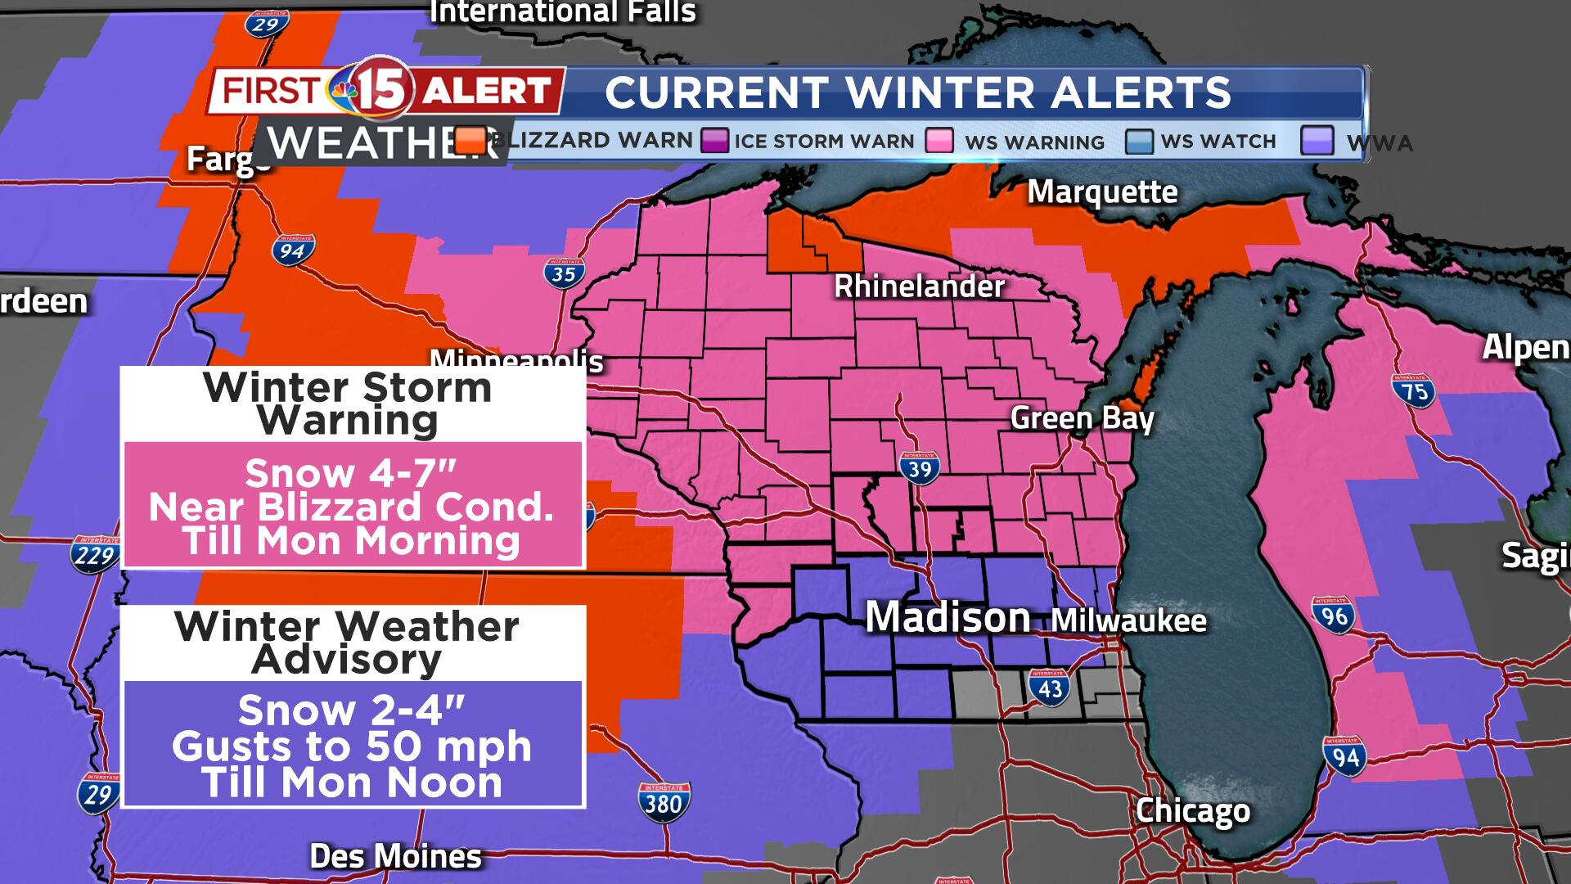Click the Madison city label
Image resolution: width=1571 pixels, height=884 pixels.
948,617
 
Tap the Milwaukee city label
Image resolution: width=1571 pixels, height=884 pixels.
1128,620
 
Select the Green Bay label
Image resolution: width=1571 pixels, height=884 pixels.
1082,418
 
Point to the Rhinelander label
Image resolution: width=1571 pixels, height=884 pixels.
919,286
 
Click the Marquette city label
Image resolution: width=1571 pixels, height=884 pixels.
1102,192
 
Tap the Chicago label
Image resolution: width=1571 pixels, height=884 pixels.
1192,811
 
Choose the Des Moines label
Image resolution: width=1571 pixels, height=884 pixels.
395,857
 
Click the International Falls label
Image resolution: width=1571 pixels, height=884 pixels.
563,12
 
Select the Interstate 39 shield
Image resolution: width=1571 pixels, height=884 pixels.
919,467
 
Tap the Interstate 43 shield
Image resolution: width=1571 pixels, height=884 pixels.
1050,687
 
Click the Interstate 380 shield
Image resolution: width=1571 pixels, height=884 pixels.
663,801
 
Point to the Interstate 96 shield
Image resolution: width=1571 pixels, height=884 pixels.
1334,615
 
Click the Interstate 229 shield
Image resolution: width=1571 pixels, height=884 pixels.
95,554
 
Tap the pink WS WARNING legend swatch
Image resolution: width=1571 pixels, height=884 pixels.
939,140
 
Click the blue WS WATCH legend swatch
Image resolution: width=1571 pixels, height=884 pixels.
1139,140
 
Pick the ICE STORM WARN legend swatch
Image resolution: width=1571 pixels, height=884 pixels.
713,140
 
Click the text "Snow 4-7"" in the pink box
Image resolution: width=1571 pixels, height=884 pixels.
350,473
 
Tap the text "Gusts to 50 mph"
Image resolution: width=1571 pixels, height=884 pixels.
352,746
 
